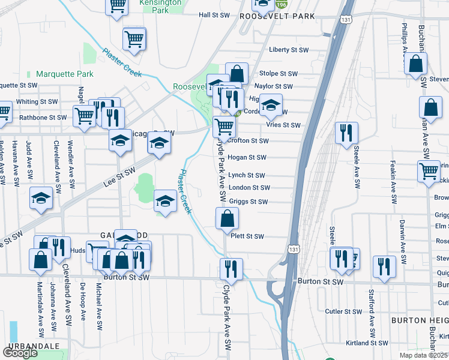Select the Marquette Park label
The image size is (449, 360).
click(x=64, y=74)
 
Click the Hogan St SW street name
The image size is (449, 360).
click(x=246, y=158)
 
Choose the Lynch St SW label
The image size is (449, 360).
click(x=246, y=176)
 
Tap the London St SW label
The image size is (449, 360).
click(x=249, y=188)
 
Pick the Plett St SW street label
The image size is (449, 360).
click(x=247, y=236)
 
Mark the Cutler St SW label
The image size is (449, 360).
click(x=342, y=311)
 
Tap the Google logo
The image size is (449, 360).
click(x=20, y=353)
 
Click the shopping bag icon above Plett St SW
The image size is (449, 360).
click(x=227, y=219)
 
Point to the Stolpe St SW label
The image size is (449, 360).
click(x=279, y=74)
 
